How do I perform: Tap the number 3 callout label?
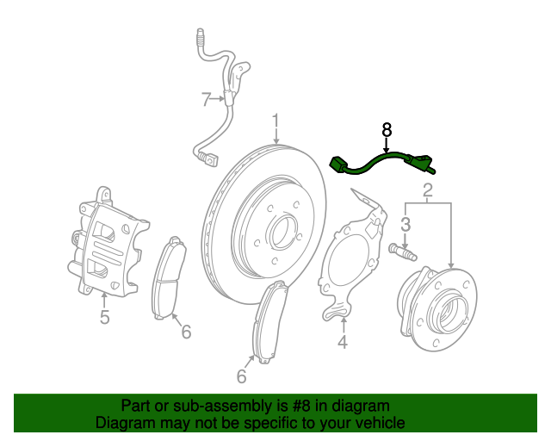tap(407, 224)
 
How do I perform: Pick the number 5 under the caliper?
tap(104, 317)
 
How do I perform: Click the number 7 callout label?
tap(206, 100)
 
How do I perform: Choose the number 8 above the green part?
tap(387, 130)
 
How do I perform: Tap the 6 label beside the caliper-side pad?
tap(186, 331)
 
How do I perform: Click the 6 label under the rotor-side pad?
tap(242, 376)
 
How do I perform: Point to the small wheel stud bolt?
tap(402, 252)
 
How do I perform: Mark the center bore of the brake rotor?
tap(280, 232)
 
